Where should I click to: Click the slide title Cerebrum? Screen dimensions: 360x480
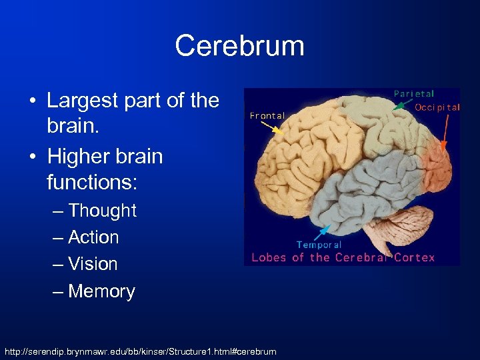click(x=239, y=46)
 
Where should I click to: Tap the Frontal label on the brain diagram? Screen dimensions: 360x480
click(x=267, y=115)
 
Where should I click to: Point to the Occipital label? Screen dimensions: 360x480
click(x=437, y=107)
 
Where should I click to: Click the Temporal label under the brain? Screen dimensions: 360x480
click(x=319, y=245)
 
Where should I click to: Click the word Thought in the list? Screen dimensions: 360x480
click(x=102, y=211)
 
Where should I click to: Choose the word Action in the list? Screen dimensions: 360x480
click(x=93, y=237)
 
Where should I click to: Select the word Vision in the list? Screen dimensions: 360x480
click(x=93, y=264)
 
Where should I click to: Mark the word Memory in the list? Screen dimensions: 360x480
click(x=101, y=291)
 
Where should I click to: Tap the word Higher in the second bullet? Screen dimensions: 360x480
click(x=73, y=157)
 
